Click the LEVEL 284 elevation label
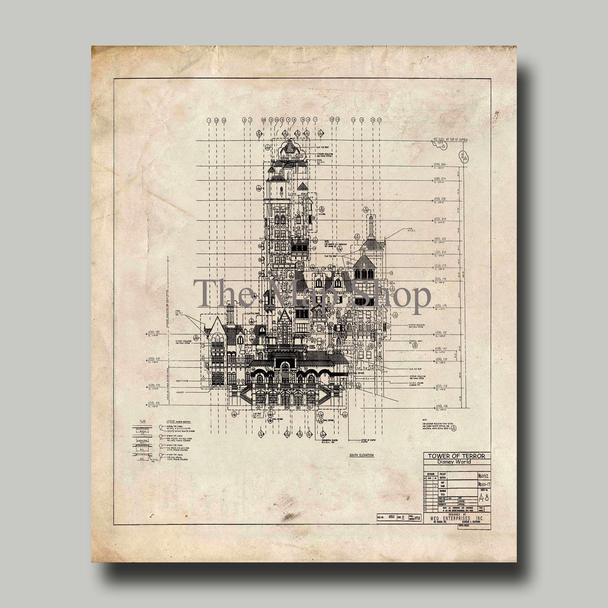[440, 165]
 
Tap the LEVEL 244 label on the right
[440, 219]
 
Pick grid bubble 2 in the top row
[244, 120]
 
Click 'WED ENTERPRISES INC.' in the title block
[456, 518]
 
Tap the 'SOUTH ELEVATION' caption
[361, 455]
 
